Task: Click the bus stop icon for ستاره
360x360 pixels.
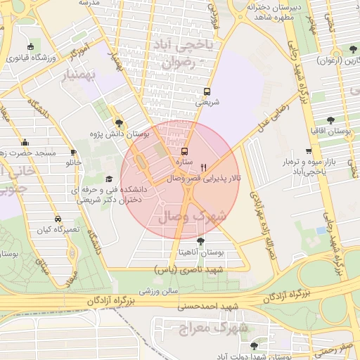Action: click(185, 151)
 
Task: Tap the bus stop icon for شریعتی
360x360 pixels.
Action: click(207, 91)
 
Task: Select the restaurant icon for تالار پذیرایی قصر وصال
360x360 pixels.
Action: click(204, 167)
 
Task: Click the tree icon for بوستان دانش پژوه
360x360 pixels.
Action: click(117, 122)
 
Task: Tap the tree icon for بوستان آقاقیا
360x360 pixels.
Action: click(330, 120)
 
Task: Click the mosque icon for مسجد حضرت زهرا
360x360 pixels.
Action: click(25, 141)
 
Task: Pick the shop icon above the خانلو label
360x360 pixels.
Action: click(74, 152)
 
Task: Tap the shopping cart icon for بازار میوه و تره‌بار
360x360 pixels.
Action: click(308, 151)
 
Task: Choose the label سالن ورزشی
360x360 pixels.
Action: click(157, 289)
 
